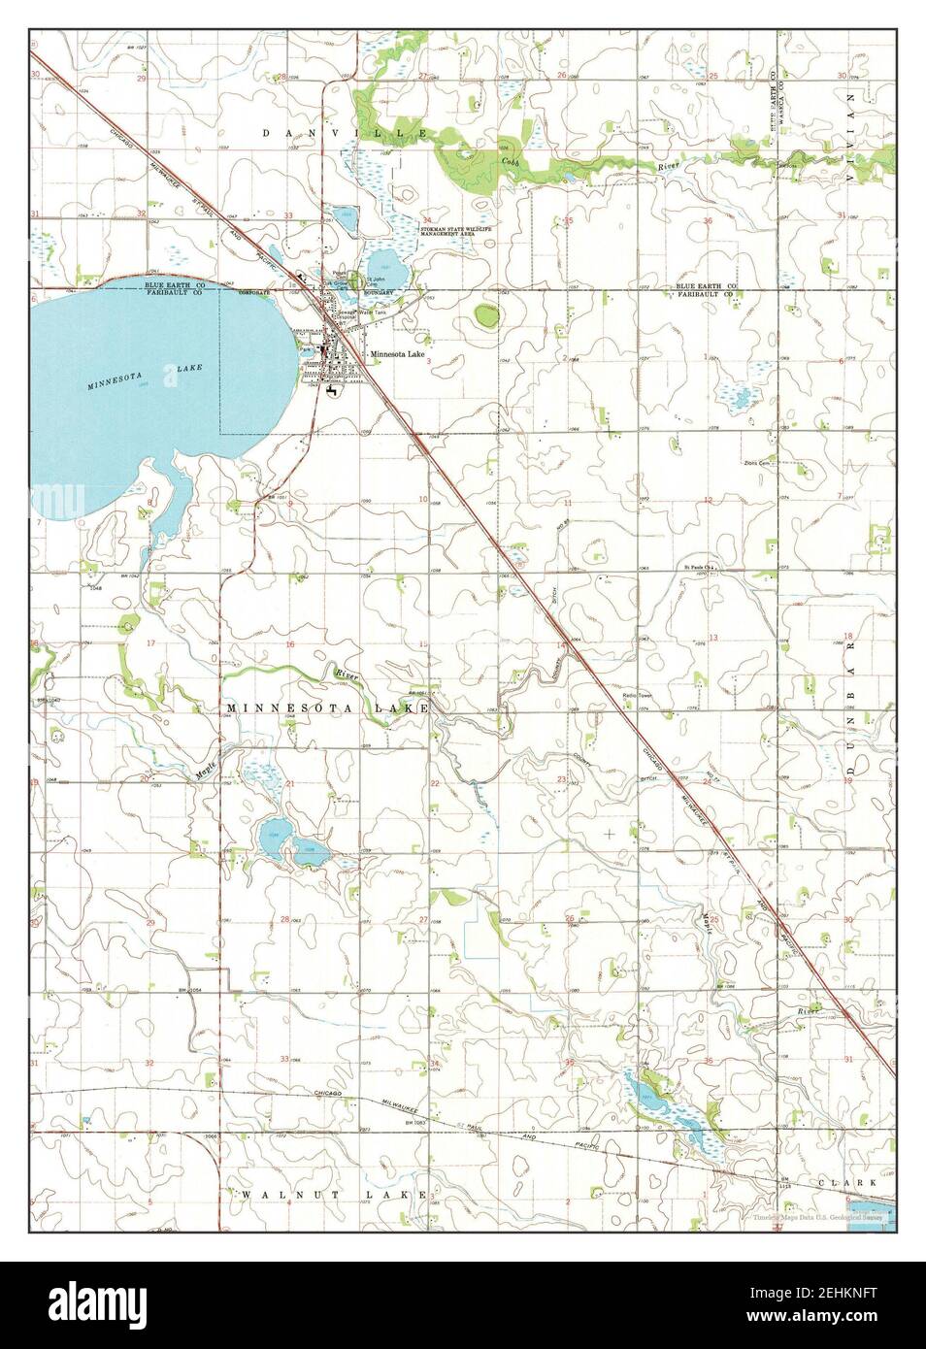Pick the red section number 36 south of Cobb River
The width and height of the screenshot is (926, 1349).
(x=709, y=221)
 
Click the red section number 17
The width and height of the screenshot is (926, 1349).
(x=150, y=643)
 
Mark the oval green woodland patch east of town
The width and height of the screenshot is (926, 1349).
(x=486, y=315)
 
